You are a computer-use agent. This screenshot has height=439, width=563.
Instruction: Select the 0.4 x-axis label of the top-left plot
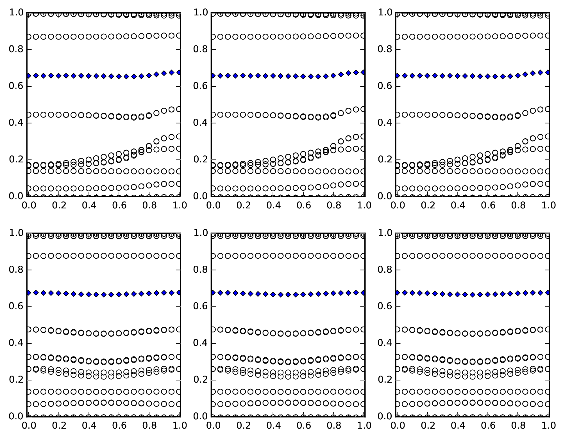[89, 205]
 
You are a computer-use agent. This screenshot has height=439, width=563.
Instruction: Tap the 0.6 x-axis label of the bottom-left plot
[119, 426]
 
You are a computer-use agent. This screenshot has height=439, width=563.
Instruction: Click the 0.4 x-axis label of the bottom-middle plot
[273, 426]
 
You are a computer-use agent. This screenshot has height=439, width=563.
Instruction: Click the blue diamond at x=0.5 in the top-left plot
[104, 76]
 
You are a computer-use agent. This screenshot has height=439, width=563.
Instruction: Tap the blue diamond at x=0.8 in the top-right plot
[518, 75]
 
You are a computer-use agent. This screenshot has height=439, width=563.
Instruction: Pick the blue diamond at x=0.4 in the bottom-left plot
[88, 294]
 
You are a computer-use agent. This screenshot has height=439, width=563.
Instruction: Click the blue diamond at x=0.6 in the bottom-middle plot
[303, 294]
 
